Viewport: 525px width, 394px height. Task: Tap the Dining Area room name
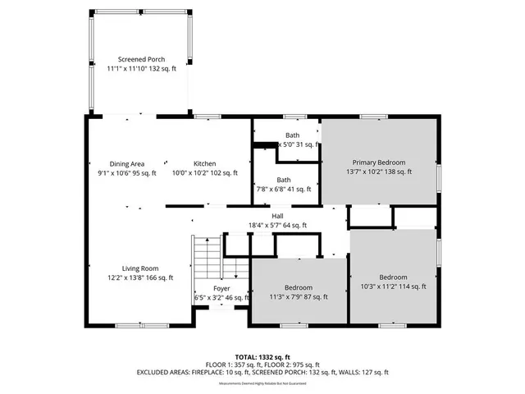click(115, 163)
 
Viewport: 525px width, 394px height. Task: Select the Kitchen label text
click(204, 163)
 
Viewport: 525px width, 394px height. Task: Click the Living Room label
click(140, 268)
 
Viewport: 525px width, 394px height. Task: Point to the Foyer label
click(221, 288)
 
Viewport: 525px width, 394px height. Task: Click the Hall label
click(277, 216)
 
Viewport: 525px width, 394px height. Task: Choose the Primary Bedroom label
click(378, 163)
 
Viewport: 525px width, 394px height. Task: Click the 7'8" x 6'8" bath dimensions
click(283, 189)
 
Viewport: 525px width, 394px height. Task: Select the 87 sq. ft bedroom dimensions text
click(298, 296)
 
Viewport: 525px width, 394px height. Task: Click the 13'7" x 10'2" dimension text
click(378, 172)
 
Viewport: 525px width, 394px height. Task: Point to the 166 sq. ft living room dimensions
click(140, 277)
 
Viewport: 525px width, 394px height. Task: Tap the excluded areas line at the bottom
click(262, 372)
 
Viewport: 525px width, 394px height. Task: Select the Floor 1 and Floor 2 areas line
click(262, 364)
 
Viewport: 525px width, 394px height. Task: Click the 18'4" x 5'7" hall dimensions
click(277, 225)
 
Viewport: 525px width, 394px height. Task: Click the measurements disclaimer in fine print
click(262, 380)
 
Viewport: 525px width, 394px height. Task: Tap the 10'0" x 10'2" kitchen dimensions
click(204, 172)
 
